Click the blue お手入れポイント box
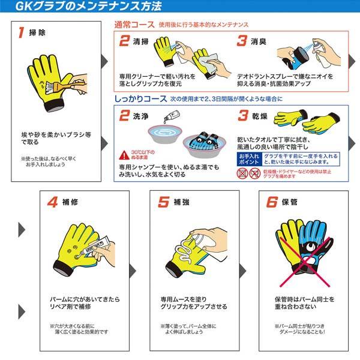[244, 158]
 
